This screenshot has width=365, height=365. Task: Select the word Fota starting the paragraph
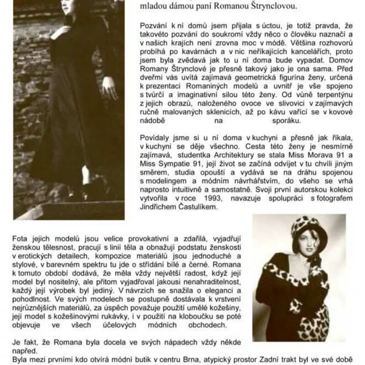coord(21,239)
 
